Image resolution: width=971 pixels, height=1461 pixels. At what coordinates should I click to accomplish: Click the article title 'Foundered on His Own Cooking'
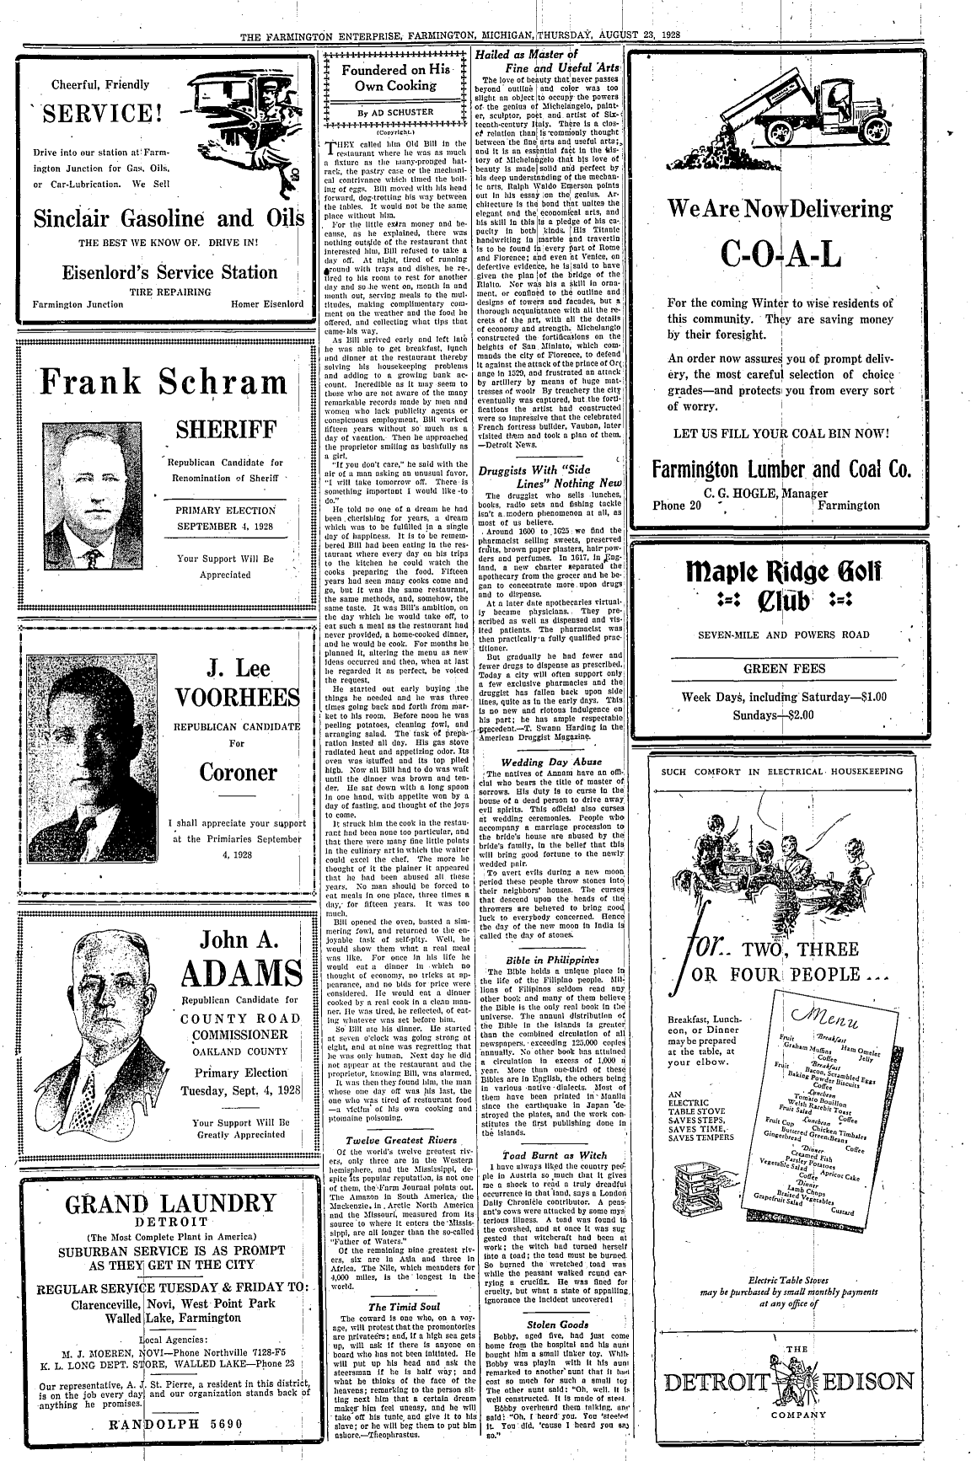point(394,78)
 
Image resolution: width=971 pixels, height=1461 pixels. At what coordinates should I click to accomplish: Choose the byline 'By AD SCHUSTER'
point(394,111)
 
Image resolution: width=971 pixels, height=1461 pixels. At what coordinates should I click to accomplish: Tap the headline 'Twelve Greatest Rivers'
point(394,1140)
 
